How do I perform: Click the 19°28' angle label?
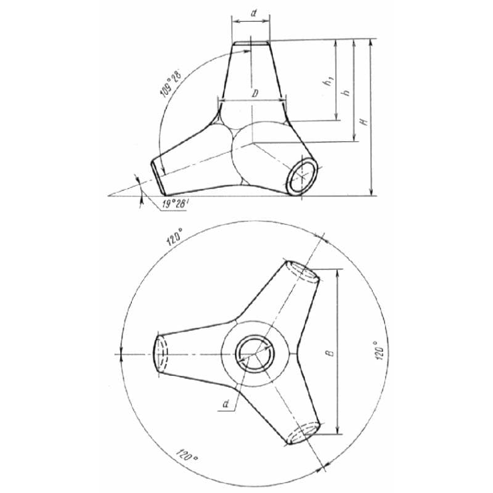click(175, 204)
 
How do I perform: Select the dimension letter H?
click(364, 121)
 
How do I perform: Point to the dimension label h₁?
click(328, 82)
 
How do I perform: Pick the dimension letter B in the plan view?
click(330, 352)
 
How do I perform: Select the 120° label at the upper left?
click(174, 237)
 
